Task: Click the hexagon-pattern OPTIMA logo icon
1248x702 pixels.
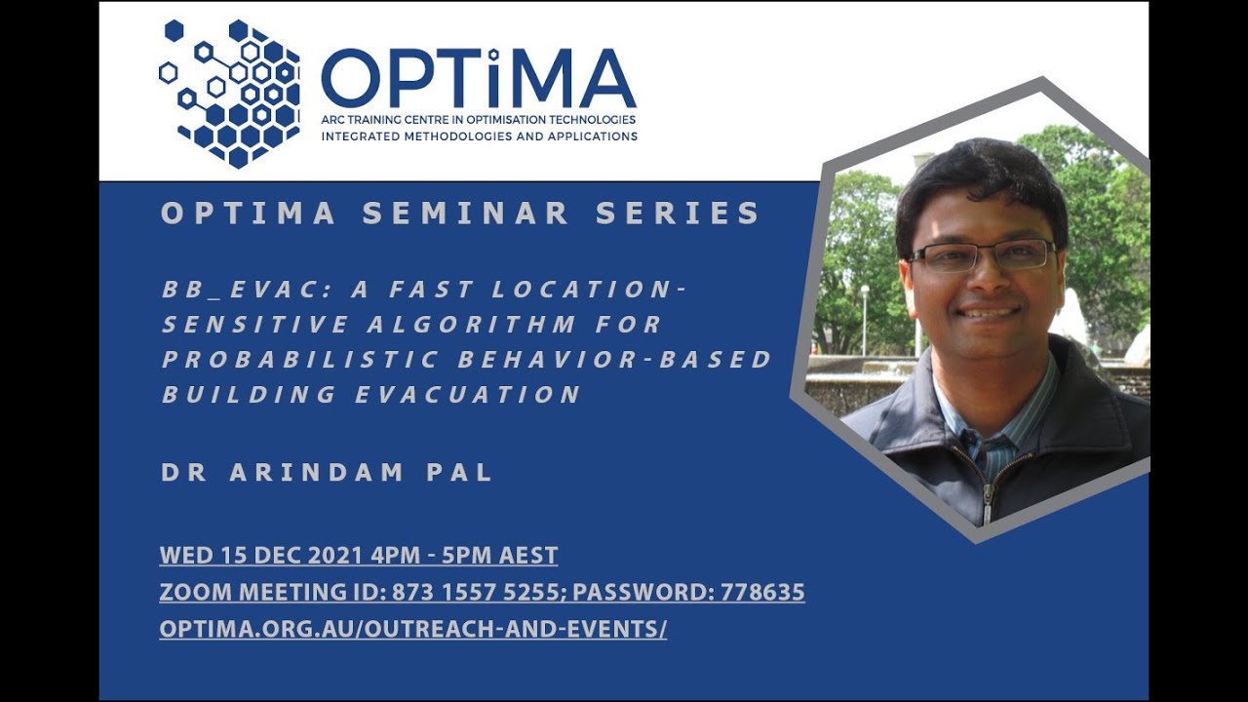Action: (229, 94)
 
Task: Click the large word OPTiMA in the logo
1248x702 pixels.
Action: (479, 79)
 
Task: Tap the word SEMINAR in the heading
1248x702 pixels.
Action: (466, 213)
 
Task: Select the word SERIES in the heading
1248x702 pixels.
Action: (678, 213)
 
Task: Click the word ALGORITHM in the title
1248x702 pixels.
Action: (471, 325)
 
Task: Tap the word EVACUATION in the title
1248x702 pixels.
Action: (469, 395)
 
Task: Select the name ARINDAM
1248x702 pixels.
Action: (317, 473)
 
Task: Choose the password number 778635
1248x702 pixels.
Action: (762, 592)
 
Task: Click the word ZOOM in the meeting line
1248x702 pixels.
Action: (195, 592)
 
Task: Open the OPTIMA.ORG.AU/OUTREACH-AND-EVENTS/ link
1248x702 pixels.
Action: (412, 629)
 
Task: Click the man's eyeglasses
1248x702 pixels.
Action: (982, 255)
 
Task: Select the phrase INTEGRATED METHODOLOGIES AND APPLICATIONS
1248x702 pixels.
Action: (479, 136)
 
